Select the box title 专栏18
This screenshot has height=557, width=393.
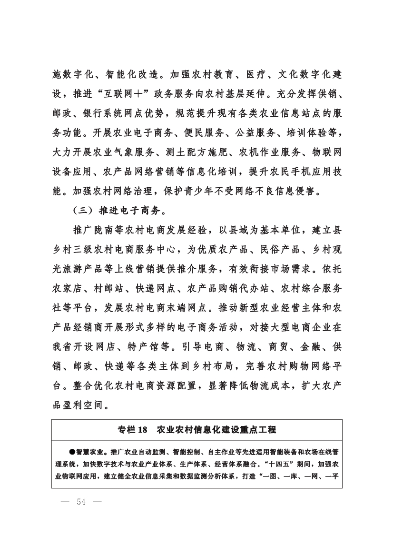pyautogui.click(x=134, y=430)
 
